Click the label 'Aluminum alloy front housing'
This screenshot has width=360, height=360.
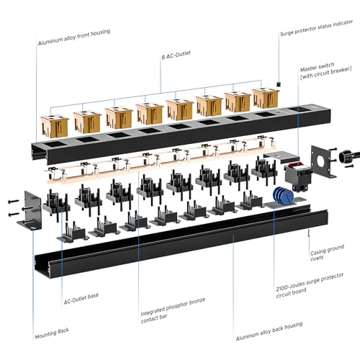coord(74,37)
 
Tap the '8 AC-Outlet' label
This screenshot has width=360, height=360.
coord(176,55)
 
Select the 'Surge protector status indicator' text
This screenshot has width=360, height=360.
coord(317,28)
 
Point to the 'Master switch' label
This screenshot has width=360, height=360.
coord(318,68)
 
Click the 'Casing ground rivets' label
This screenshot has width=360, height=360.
coord(327,253)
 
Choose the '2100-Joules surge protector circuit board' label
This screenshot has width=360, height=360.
coord(310,286)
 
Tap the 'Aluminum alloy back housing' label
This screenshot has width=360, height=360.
coord(269,331)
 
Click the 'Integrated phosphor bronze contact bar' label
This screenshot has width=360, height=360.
coord(173,310)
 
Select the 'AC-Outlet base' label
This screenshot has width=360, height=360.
coord(81,299)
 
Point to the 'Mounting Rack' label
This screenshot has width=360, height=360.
coord(52,333)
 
